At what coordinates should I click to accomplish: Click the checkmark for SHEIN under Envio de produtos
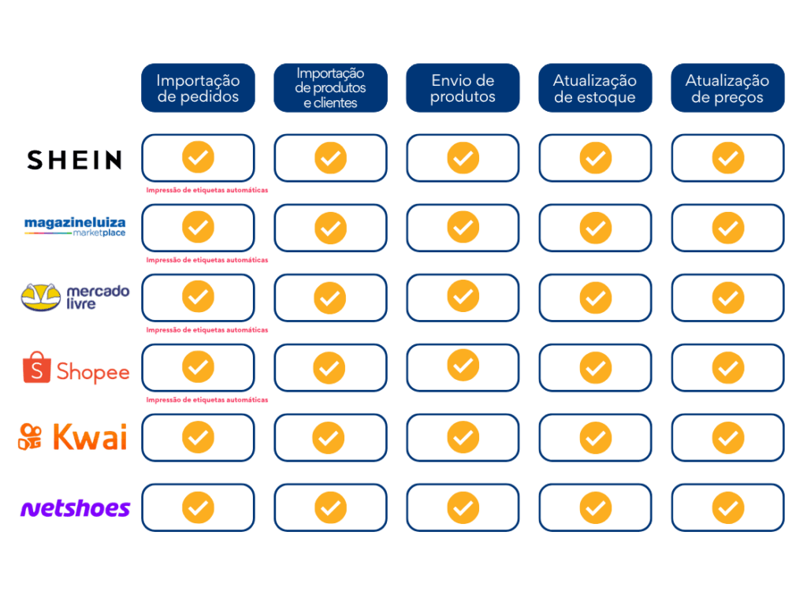point(463,158)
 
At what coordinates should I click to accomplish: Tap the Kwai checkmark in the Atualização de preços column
point(727,437)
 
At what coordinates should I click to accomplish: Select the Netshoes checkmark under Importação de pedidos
point(198,507)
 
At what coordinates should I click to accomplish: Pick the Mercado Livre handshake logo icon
point(41,297)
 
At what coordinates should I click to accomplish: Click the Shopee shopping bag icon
point(36,367)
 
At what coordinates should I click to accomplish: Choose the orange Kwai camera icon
point(31,437)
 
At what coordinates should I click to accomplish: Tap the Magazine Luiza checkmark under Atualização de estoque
point(596,228)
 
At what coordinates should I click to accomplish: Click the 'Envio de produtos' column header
point(463,88)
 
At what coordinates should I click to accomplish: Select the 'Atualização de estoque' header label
point(595,88)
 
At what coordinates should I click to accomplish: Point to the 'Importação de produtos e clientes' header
point(330,88)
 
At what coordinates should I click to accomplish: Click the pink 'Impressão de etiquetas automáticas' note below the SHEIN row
point(207,191)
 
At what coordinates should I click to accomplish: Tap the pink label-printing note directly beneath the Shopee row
point(207,400)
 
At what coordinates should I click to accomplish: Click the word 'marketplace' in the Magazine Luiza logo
point(99,233)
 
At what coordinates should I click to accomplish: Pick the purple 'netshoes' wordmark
point(75,508)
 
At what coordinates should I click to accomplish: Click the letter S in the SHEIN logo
point(35,160)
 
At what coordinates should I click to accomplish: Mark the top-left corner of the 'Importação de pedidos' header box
point(142,63)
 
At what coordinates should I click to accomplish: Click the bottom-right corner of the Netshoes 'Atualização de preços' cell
point(784,531)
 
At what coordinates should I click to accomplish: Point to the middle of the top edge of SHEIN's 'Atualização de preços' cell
point(727,135)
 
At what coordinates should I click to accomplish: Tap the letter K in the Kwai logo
point(65,437)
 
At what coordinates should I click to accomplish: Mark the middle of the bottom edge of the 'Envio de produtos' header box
point(463,112)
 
